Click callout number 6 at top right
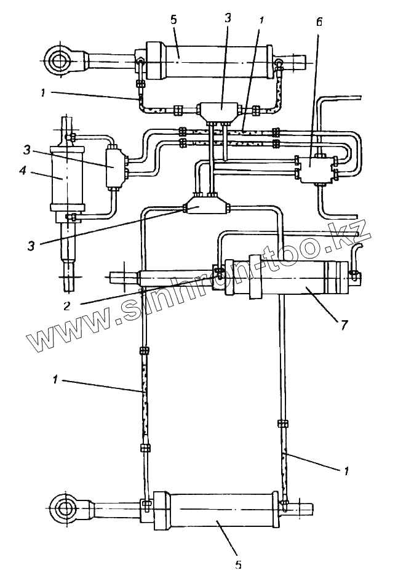click(319, 23)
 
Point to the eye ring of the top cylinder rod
click(60, 61)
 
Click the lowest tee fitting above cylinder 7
click(206, 204)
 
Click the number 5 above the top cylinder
click(174, 20)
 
